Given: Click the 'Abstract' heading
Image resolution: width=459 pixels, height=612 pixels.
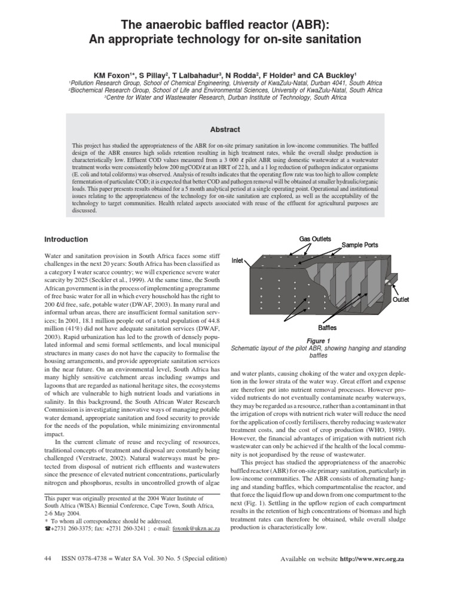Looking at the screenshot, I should pos(229,130).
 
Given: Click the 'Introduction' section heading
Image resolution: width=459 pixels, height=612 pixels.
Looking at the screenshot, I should pos(66,240).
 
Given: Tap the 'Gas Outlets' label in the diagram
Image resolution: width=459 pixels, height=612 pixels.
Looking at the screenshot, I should pos(315,239).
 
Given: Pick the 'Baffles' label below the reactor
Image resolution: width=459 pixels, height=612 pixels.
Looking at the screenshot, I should pos(327,328).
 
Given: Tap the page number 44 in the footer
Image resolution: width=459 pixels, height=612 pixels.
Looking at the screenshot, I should pos(48,558).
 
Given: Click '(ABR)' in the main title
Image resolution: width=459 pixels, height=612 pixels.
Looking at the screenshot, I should pos(305,25).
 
